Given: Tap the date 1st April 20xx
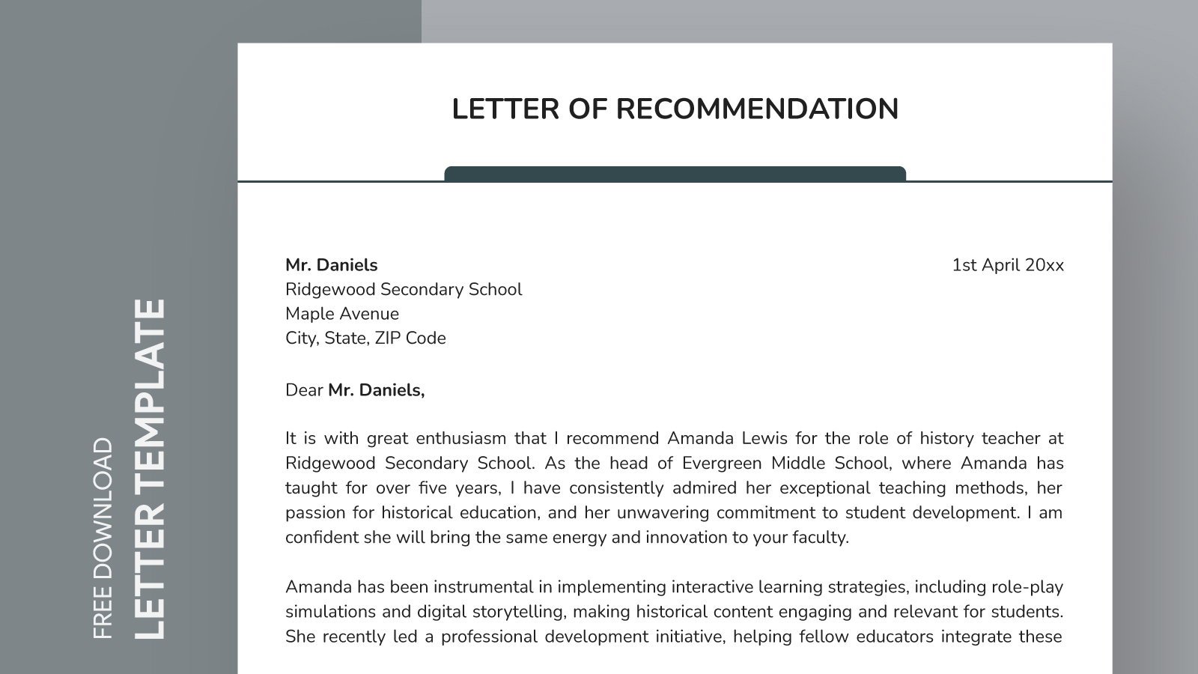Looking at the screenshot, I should click(x=1007, y=265).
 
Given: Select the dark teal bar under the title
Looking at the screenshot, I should click(x=675, y=174).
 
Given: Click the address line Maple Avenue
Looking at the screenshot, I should click(x=342, y=314).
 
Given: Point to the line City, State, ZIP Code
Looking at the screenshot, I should click(x=365, y=338).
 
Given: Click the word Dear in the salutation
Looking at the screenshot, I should click(x=304, y=390).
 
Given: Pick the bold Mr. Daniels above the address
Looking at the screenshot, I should click(x=331, y=265).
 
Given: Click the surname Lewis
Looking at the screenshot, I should click(x=764, y=439).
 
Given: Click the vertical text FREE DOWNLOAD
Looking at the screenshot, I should click(x=103, y=538).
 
